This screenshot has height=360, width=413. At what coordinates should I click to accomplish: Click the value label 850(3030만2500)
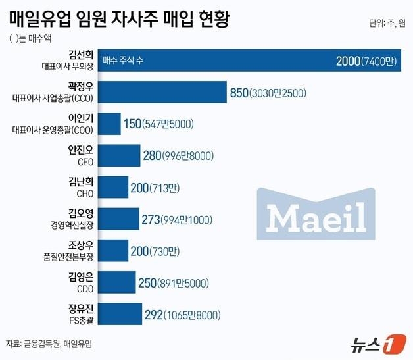[x=268, y=93]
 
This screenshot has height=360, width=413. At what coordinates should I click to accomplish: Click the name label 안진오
[x=81, y=149]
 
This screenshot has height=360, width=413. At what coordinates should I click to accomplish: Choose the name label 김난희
[x=81, y=182]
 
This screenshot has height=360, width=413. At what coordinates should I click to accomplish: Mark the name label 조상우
[x=81, y=245]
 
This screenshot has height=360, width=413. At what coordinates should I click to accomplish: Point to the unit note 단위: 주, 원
[x=387, y=24]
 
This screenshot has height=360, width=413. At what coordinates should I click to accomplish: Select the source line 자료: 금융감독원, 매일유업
[x=49, y=344]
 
